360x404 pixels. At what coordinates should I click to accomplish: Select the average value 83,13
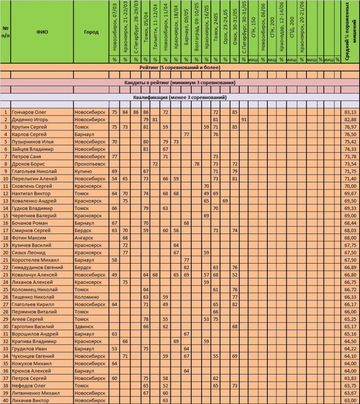[x=350, y=112]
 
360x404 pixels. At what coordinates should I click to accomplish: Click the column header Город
[x=91, y=32]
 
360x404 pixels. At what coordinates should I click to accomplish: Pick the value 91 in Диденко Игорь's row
[x=244, y=120]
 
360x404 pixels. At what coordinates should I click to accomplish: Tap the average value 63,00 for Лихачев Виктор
[x=350, y=400]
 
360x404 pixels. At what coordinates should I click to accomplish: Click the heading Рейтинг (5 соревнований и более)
[x=180, y=67]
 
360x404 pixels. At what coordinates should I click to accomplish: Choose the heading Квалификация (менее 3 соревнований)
[x=180, y=97]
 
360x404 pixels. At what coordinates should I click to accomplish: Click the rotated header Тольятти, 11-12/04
[x=155, y=30]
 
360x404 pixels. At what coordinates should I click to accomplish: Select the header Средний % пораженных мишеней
[x=350, y=32]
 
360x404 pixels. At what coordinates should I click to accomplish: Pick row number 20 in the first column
[x=6, y=252]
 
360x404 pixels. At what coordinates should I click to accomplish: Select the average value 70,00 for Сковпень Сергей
[x=350, y=186]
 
